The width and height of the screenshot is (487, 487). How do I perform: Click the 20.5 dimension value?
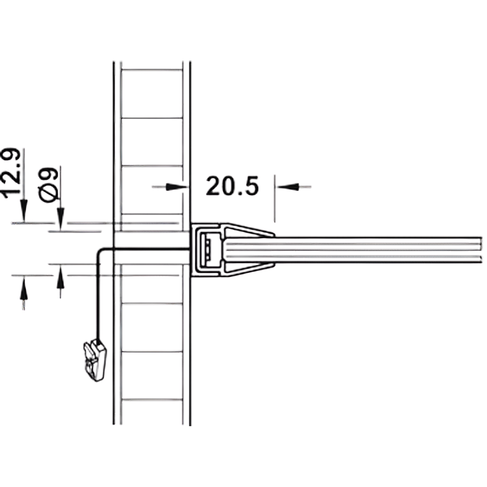[x=232, y=186]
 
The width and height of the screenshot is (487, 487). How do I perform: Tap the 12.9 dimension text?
[x=12, y=173]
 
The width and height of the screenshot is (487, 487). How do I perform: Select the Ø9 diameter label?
[x=48, y=185]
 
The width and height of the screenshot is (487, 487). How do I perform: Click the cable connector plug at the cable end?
[x=95, y=360]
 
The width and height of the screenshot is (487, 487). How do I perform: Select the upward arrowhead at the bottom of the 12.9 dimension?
[x=23, y=288]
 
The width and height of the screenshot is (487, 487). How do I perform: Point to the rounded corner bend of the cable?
[x=100, y=251]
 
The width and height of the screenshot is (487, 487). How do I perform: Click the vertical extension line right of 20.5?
[x=275, y=199]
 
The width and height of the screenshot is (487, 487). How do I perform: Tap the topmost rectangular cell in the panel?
[x=151, y=94]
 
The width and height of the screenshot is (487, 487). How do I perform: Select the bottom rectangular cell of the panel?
[x=151, y=412]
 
